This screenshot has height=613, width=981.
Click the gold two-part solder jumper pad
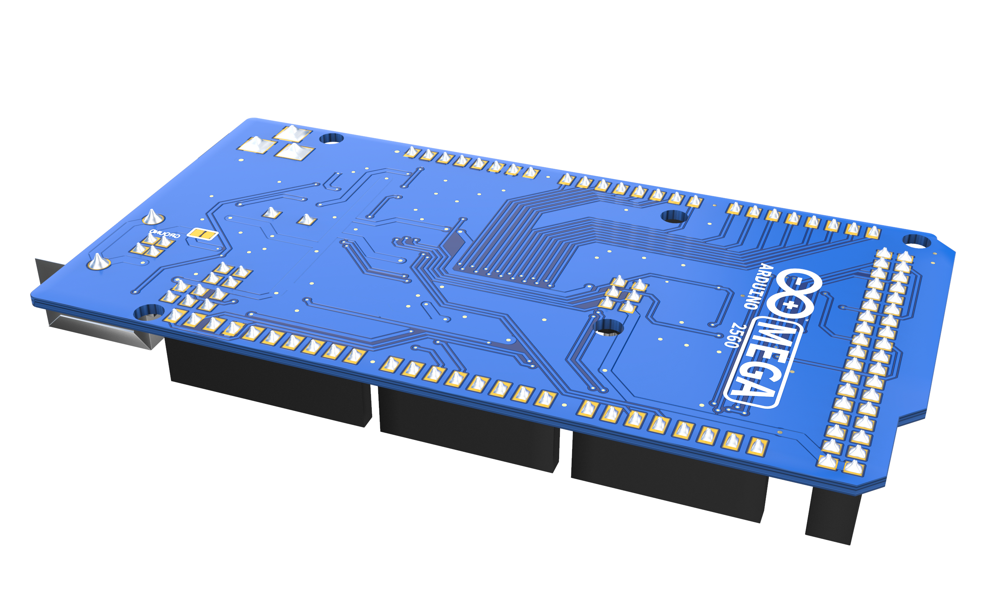click(x=202, y=234)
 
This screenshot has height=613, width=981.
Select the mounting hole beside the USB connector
click(x=149, y=313)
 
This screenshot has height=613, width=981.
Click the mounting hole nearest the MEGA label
click(x=608, y=328)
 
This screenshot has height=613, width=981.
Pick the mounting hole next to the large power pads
click(x=331, y=139)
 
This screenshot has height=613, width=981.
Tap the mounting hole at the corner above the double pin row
click(x=917, y=242)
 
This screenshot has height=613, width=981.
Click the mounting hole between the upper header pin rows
click(x=674, y=217)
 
